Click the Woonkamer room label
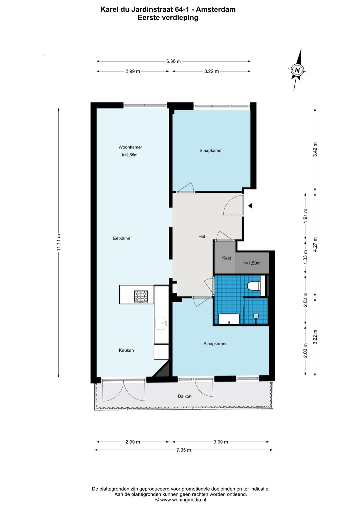[x=130, y=147]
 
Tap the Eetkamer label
[x=122, y=238]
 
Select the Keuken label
[x=126, y=350]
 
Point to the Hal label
[x=202, y=236]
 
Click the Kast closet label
[x=226, y=258]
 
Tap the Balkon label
[x=185, y=396]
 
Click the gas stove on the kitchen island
[x=141, y=297]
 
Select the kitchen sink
[x=161, y=323]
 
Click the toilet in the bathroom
[x=254, y=286]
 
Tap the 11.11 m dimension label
[x=59, y=242]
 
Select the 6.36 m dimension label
[x=174, y=61]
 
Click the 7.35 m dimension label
[x=184, y=450]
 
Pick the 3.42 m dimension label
[x=315, y=149]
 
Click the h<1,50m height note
[x=252, y=263]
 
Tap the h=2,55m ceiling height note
[x=130, y=155]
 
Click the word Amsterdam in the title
[x=216, y=10]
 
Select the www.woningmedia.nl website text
[x=183, y=500]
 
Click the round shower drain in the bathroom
[x=256, y=316]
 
